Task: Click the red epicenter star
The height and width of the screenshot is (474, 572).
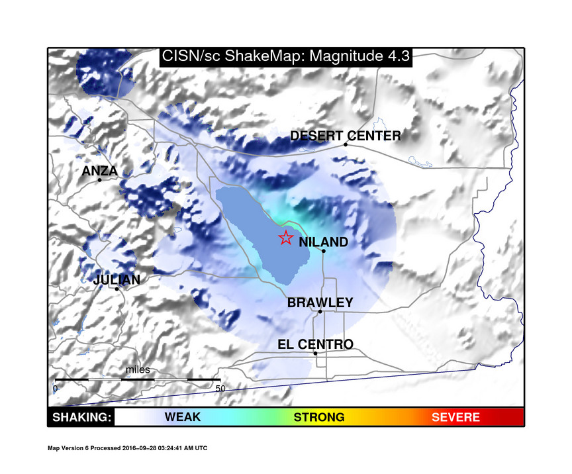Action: pos(285,238)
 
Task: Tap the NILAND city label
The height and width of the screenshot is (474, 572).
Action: pos(323,242)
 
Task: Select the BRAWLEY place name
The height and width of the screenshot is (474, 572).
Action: pos(320,303)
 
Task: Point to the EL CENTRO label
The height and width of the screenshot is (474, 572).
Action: pos(315,344)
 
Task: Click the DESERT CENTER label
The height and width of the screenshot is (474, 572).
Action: pos(346,136)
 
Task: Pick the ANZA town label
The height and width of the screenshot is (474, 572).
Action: pos(99,171)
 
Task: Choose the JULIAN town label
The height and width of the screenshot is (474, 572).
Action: pos(117,279)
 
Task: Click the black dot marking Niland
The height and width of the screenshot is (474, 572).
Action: pos(324,251)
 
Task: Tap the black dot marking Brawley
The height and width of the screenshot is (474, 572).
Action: pos(320,311)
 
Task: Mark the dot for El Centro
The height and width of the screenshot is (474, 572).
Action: pos(315,353)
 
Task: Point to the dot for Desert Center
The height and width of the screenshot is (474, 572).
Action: pos(346,144)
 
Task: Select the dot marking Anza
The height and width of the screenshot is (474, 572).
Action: pos(99,179)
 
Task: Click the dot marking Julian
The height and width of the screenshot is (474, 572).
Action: pos(117,289)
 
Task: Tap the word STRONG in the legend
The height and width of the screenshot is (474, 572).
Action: pos(319,417)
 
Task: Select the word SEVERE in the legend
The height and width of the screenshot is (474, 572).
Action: pos(455,417)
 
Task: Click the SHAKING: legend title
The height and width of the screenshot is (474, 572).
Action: pos(81,417)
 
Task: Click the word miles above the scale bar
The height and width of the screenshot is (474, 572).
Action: pos(138,369)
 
